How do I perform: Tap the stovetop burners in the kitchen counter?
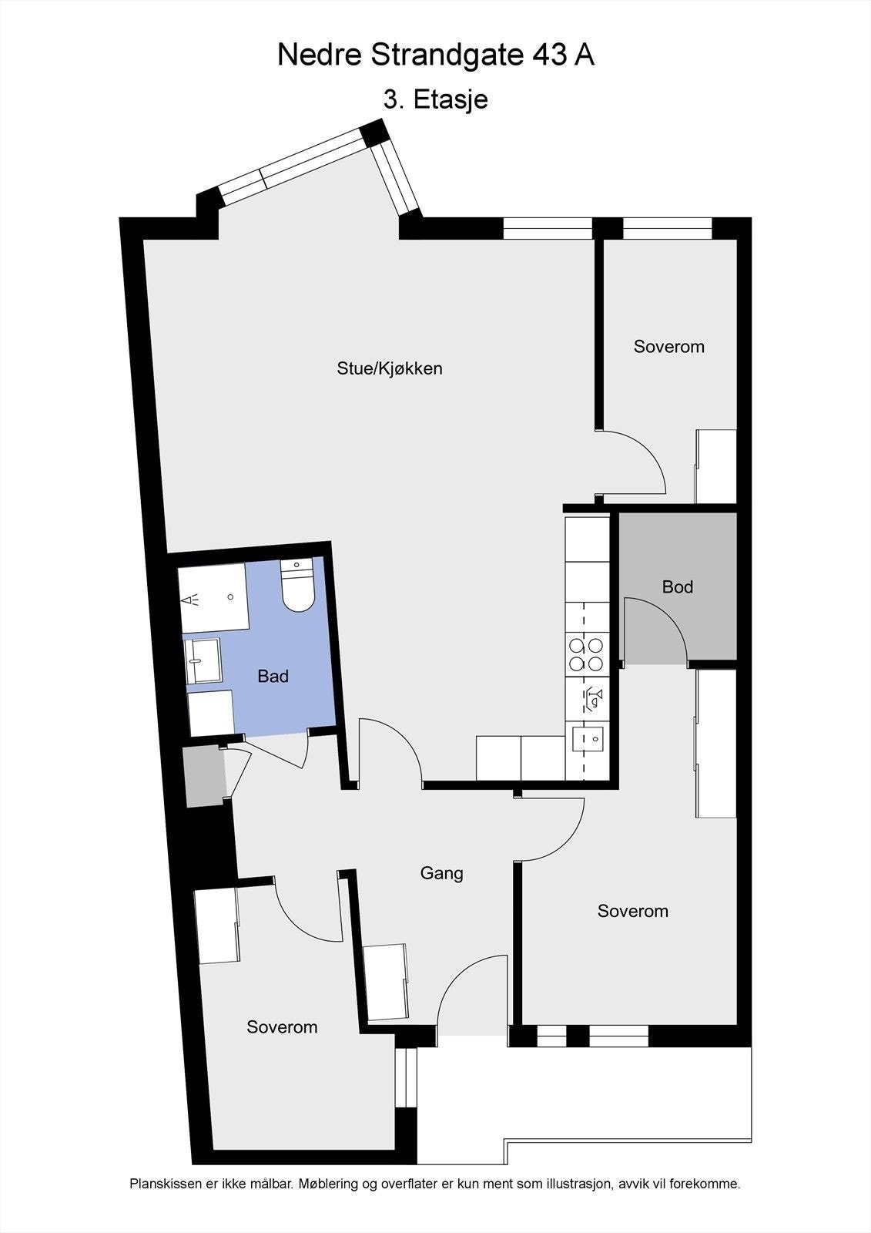click(586, 653)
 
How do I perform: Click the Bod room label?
click(678, 586)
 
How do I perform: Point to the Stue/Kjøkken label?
click(390, 368)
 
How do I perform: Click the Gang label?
click(441, 873)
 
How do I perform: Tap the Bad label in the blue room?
click(273, 676)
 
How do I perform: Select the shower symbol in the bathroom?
click(190, 598)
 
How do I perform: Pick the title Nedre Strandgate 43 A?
click(435, 55)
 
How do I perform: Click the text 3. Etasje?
click(435, 99)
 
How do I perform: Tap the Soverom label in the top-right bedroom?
click(668, 347)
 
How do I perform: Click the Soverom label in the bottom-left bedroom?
click(282, 1027)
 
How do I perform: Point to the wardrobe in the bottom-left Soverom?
click(216, 925)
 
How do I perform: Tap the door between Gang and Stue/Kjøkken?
click(389, 751)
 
